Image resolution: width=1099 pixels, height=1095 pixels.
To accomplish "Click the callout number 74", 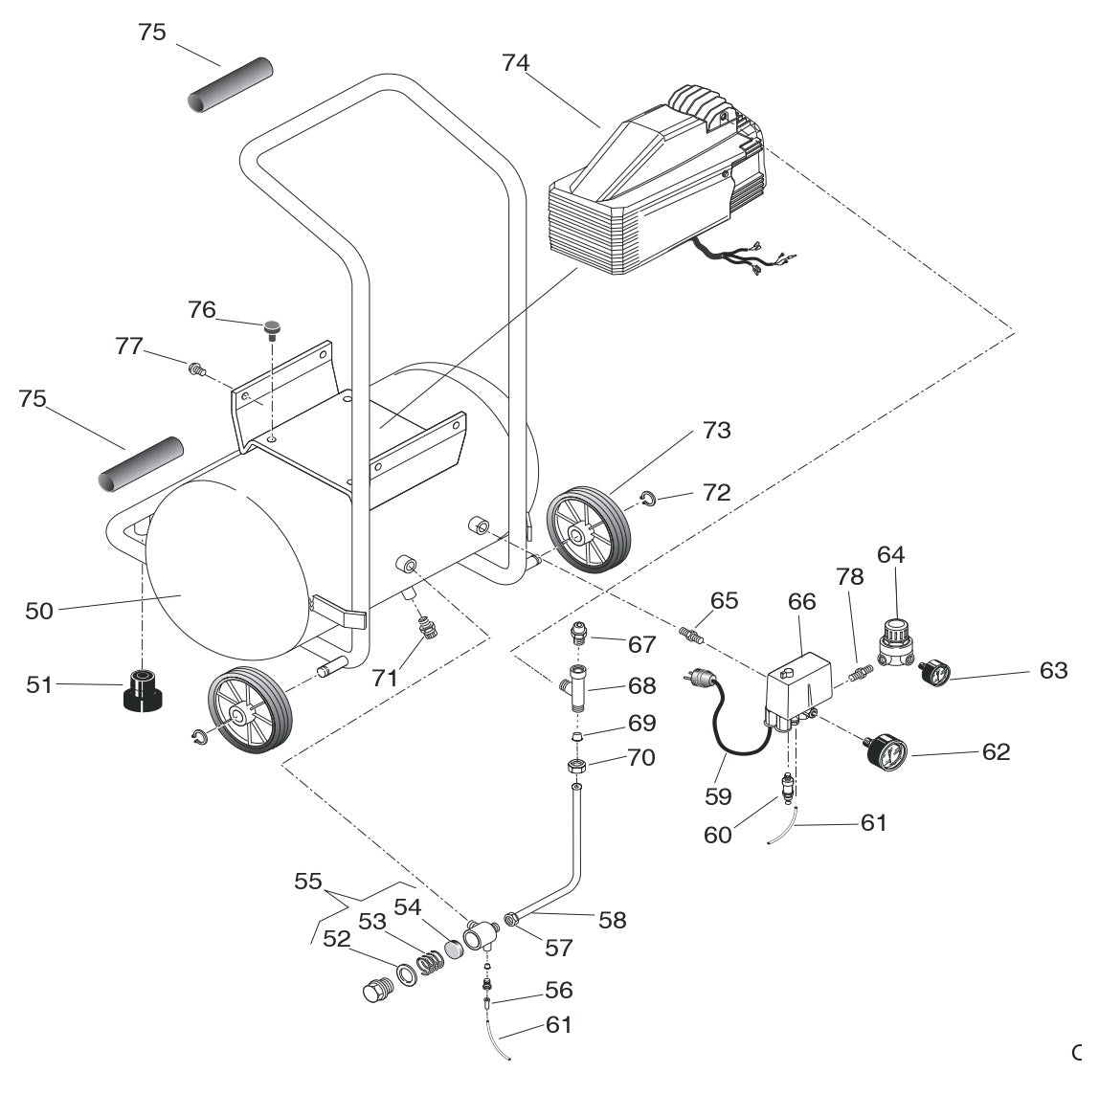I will tap(515, 63).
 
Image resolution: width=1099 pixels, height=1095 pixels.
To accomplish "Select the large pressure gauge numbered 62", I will tap(885, 750).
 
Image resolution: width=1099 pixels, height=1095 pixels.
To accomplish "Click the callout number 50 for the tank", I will tap(39, 610).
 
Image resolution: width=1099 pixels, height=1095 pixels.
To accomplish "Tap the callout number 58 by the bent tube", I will tap(612, 920).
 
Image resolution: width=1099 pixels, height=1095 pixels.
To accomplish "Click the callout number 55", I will tap(308, 882).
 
